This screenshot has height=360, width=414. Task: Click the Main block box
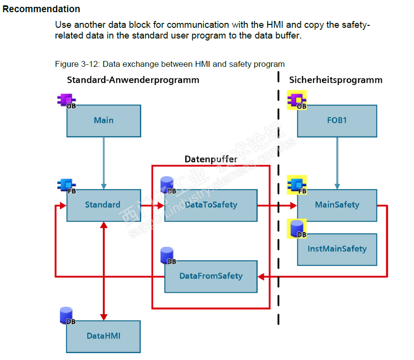pos(103,120)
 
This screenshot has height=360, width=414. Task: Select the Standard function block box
pos(103,205)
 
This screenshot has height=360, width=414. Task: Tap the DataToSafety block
pos(211,205)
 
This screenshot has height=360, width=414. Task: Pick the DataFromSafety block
pos(211,276)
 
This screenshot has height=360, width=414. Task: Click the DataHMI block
pos(103,336)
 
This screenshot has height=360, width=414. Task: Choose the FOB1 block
pos(336,120)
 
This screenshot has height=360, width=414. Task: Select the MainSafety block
pos(336,205)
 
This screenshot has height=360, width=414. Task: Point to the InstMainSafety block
pos(336,249)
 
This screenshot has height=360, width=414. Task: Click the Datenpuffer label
pos(210,159)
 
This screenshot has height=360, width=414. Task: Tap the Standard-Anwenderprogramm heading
pos(133,80)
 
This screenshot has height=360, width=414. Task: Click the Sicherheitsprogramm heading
pos(335,80)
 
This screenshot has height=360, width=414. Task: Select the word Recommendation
pos(41,9)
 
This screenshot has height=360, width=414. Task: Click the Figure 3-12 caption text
pos(170,64)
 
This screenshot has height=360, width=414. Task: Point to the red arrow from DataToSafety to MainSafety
pos(276,205)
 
